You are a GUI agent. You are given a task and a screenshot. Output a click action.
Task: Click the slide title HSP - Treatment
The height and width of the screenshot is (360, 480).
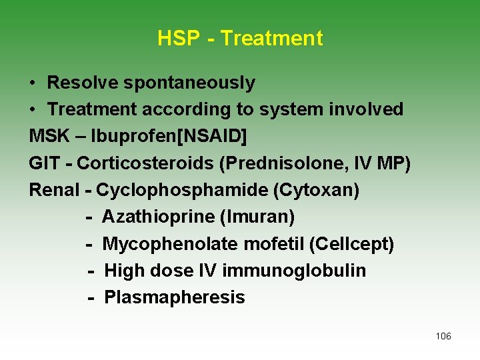240,39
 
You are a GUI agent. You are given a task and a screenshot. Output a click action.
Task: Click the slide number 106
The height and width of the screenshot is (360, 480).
443,336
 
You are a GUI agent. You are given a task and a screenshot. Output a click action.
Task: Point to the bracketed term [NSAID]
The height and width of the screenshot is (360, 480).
213,137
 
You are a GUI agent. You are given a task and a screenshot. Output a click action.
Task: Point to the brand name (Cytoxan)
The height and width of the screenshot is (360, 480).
315,190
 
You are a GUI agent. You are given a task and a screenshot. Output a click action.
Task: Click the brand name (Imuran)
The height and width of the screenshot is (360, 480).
261,217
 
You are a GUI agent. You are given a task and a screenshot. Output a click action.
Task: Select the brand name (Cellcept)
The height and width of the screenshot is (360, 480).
351,244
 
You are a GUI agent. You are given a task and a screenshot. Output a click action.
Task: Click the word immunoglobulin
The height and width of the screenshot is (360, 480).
294,271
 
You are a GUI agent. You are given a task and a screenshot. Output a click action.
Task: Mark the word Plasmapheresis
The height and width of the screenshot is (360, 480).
175,297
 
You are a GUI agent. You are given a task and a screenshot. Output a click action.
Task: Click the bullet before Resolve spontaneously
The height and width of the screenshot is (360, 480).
33,83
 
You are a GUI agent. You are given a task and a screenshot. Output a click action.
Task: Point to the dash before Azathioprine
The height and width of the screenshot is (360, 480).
89,217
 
